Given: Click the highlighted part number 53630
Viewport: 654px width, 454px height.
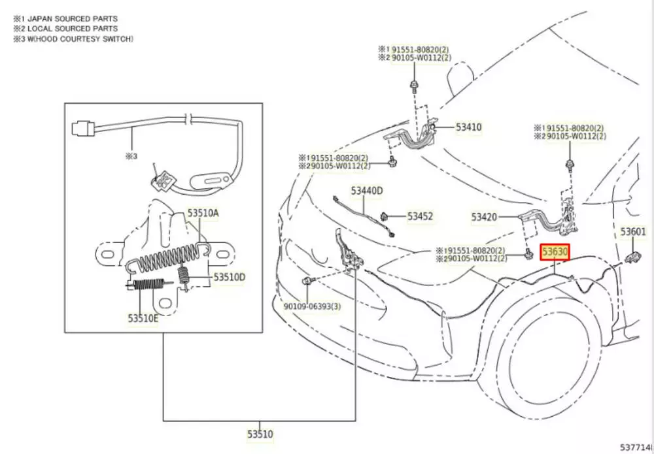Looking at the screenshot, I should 554,251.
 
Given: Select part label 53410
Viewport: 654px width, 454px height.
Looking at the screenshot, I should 469,127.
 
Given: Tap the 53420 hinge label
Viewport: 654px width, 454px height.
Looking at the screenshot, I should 485,216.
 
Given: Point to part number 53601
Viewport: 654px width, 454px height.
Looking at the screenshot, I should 633,232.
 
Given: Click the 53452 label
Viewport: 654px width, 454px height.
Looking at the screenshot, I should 420,216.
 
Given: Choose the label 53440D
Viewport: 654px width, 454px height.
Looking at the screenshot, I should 366,191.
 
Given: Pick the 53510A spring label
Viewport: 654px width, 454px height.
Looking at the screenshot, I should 203,212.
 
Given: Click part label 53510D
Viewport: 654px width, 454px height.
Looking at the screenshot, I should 229,278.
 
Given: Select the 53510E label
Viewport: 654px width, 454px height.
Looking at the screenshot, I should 143,318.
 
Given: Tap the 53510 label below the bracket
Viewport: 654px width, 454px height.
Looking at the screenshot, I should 260,433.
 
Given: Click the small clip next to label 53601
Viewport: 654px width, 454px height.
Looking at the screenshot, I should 633,255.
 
